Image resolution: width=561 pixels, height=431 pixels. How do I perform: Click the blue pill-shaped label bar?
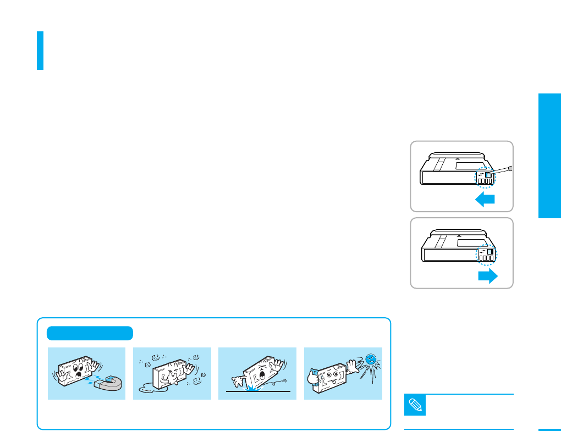click(90, 333)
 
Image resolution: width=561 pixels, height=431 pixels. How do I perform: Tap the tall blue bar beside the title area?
click(40, 50)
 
